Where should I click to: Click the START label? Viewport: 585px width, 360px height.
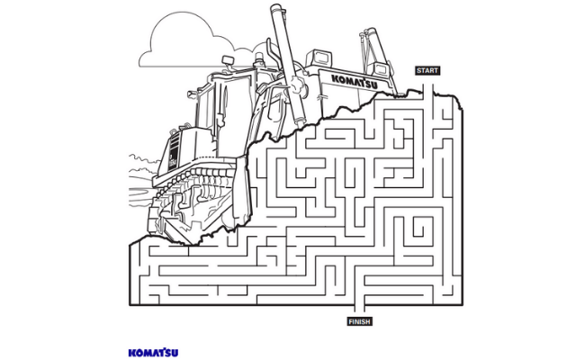coord(427,70)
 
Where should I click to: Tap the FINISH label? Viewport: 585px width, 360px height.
coord(359,321)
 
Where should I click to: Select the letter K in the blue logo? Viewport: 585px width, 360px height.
coord(131,351)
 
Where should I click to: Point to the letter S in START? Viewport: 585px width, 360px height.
coord(418,70)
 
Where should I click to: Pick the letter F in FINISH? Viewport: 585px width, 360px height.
coord(350,321)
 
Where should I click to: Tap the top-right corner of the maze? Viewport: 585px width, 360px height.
coord(463,98)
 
